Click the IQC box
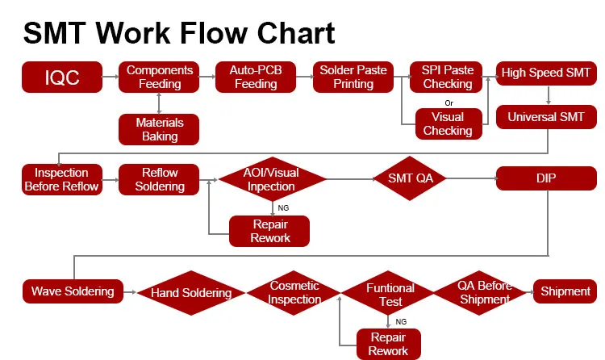coord(62,77)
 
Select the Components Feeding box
coord(160,77)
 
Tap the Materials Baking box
coord(160,129)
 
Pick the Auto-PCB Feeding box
coord(256,77)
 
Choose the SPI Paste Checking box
coord(447,77)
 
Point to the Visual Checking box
coord(447,123)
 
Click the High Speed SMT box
coord(546,73)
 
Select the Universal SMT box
coord(546,118)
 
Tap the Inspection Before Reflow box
coord(62,179)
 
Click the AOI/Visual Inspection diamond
coord(272,179)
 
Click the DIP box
coord(546,178)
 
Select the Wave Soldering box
coord(73,291)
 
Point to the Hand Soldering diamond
coord(191,293)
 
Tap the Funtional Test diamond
coord(390,294)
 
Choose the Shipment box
coord(565,291)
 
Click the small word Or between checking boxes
coord(448,103)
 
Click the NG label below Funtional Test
coord(400,321)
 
